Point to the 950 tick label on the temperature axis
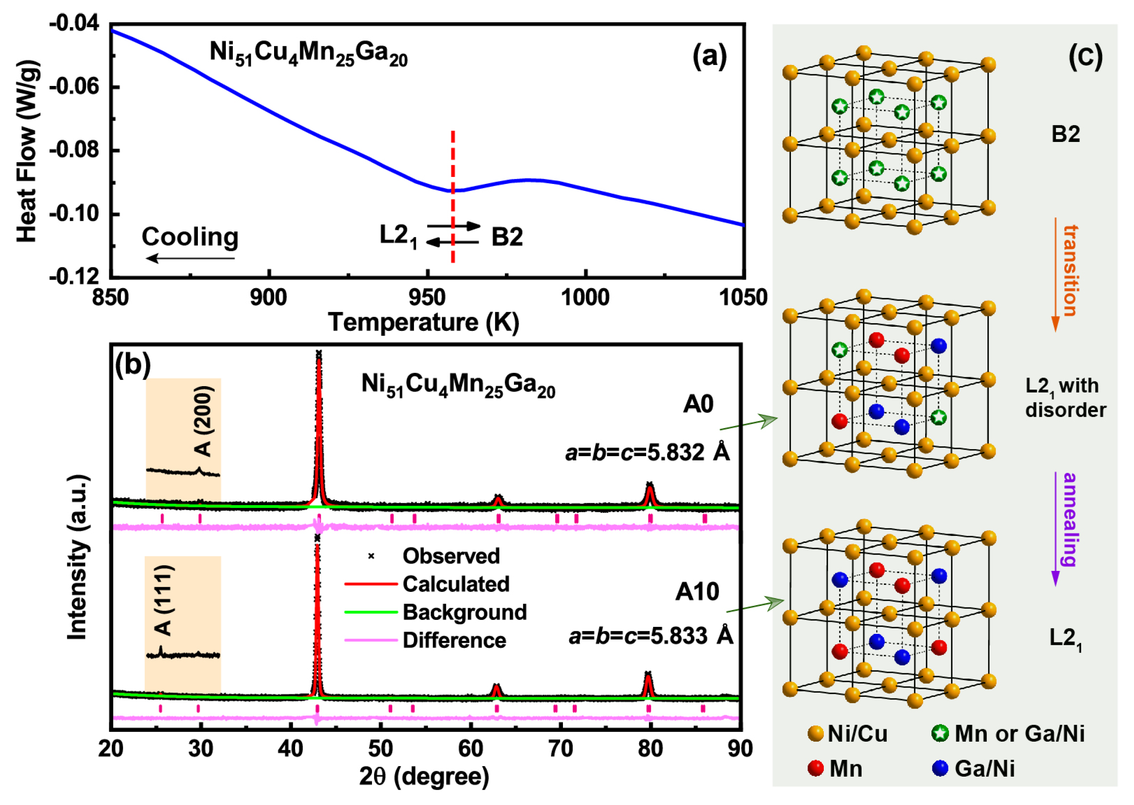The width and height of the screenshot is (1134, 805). pyautogui.click(x=426, y=298)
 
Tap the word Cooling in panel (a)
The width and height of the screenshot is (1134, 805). pyautogui.click(x=190, y=237)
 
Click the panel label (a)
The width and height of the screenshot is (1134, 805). pyautogui.click(x=709, y=56)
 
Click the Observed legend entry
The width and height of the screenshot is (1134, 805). pyautogui.click(x=451, y=556)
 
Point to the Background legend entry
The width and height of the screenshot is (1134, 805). pyautogui.click(x=464, y=612)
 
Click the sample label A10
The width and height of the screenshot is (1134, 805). pyautogui.click(x=697, y=591)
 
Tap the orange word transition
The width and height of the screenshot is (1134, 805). pyautogui.click(x=1070, y=270)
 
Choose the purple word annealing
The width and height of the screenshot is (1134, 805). pyautogui.click(x=1070, y=519)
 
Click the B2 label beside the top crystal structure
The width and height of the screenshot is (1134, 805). pyautogui.click(x=1066, y=134)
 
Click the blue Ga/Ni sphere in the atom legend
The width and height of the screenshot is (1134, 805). pyautogui.click(x=940, y=768)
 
